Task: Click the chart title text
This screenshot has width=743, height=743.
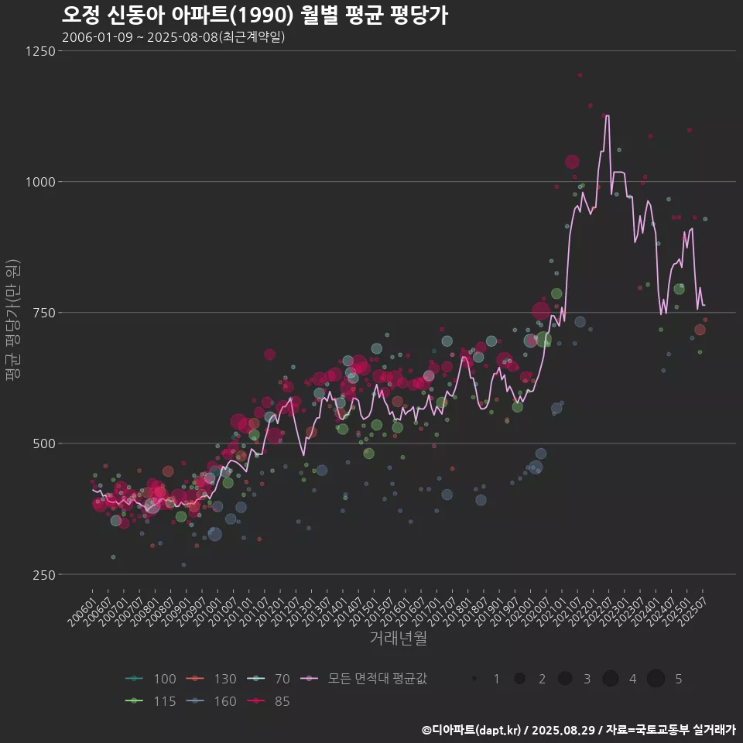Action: pos(255,15)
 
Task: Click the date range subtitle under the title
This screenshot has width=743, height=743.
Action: pos(173,37)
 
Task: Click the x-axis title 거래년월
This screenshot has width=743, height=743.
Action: pos(398,639)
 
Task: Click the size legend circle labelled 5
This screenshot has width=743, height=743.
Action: pos(656,679)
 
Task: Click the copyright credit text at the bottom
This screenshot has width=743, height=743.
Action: pos(578,730)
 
